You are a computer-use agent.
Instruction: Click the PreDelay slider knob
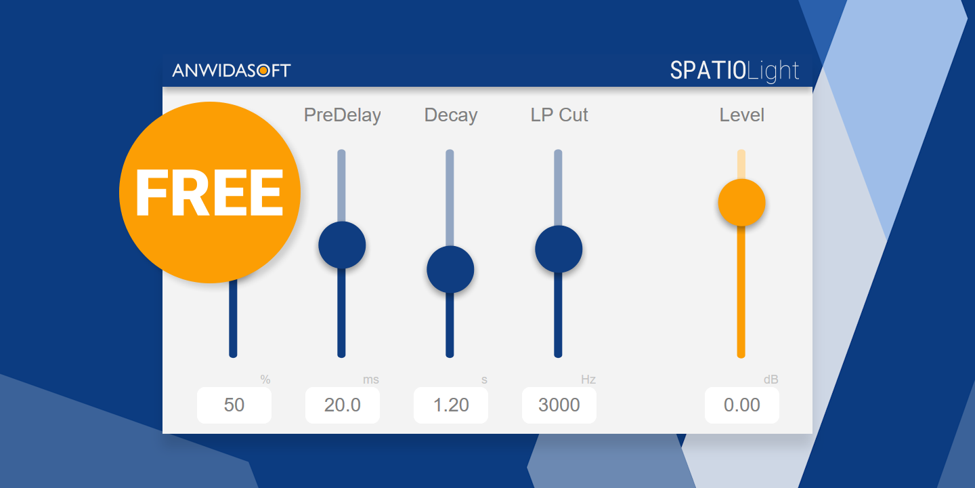342,245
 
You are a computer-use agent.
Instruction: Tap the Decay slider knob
450,269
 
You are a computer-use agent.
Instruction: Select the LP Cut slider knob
559,249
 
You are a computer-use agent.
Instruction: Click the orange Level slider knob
741,203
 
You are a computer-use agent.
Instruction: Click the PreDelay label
342,115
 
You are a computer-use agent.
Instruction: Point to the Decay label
450,115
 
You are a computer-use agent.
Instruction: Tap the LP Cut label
559,115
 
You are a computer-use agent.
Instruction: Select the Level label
741,115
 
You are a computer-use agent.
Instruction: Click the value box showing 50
234,405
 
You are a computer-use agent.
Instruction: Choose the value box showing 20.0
342,405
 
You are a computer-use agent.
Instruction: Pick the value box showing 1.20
450,405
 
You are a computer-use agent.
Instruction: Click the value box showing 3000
559,405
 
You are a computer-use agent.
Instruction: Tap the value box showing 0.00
741,405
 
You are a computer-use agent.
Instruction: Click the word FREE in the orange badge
209,192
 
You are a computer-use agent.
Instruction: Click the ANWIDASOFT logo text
231,70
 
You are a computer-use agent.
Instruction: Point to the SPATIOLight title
734,71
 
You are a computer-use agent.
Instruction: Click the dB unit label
771,380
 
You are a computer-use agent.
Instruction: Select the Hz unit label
588,380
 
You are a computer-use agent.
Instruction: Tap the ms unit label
371,380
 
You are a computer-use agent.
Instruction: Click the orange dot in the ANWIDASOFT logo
263,70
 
